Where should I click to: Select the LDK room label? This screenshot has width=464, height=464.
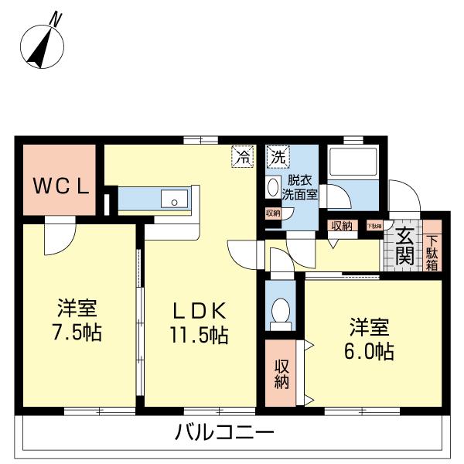coord(198,311)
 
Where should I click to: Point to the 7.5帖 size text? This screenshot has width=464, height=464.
coord(76,333)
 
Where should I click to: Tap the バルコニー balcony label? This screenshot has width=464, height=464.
coord(223,432)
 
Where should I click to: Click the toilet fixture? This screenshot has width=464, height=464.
coord(279,312)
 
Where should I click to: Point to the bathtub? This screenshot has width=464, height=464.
coord(352,163)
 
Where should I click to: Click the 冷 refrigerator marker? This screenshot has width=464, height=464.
coord(242,157)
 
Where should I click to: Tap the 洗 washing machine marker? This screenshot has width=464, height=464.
coord(277,157)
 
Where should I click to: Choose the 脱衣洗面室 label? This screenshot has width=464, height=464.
coord(299,189)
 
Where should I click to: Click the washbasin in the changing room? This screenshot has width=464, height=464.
coord(272,188)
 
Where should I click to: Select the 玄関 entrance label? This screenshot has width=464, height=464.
coord(404,247)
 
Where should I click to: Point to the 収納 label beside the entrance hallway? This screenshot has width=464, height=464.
coord(341,226)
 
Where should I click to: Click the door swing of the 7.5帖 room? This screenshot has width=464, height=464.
coord(57,238)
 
